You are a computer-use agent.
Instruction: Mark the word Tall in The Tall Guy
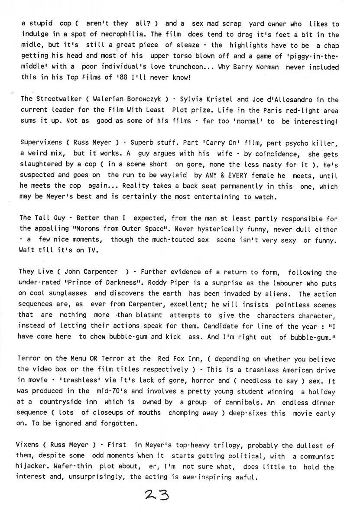coord(42,218)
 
